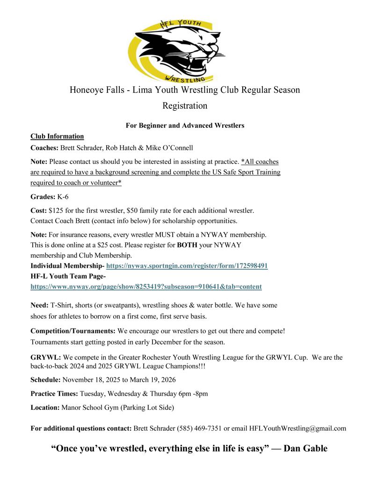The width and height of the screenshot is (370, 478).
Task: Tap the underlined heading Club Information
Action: pos(57,136)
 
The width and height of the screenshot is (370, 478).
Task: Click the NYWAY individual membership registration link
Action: pos(187,266)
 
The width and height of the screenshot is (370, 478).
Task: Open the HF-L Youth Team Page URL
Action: pos(146,287)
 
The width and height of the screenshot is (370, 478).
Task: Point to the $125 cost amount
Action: pos(56,211)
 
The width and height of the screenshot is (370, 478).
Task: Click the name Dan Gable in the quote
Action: pos(305,449)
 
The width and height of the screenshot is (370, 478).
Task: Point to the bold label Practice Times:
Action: pos(54,394)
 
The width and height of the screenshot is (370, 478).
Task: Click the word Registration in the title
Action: pos(185,106)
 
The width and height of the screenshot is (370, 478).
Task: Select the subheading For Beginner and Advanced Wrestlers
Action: pos(185,125)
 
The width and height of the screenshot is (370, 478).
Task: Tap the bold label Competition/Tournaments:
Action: pos(73,331)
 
